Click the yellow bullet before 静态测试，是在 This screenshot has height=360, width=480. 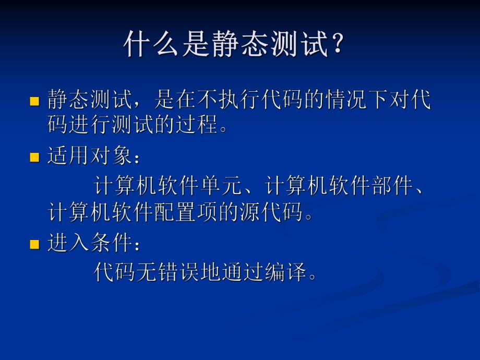click(x=35, y=101)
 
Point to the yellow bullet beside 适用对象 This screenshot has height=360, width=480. click(x=35, y=157)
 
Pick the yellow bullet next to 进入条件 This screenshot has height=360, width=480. click(x=35, y=244)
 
